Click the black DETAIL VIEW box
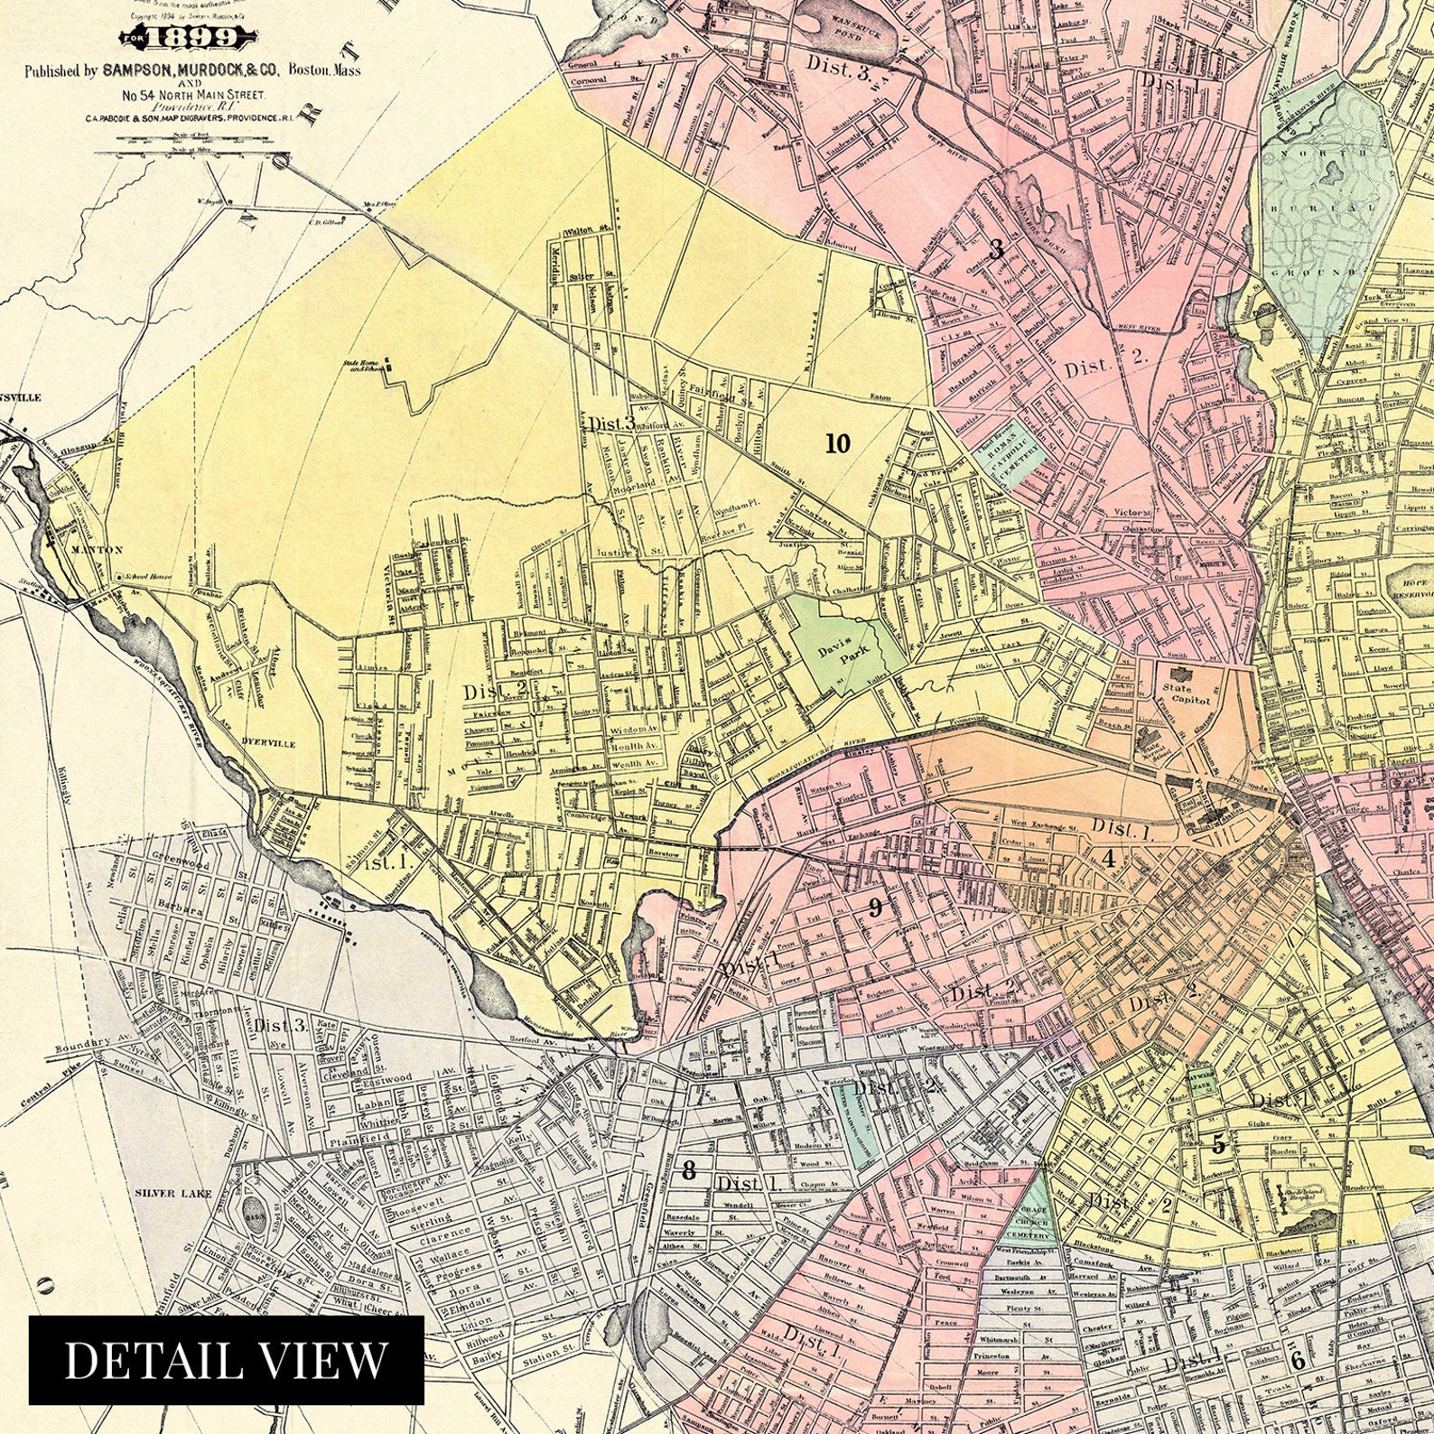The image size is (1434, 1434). click(x=227, y=1359)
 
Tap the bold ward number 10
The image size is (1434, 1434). click(x=837, y=443)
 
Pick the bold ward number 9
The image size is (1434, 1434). click(x=874, y=908)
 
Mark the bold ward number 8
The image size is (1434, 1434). click(x=689, y=1171)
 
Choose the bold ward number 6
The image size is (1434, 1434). click(x=1297, y=1361)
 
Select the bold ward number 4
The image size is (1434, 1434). click(x=1109, y=860)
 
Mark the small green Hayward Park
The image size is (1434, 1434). click(x=1202, y=1082)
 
